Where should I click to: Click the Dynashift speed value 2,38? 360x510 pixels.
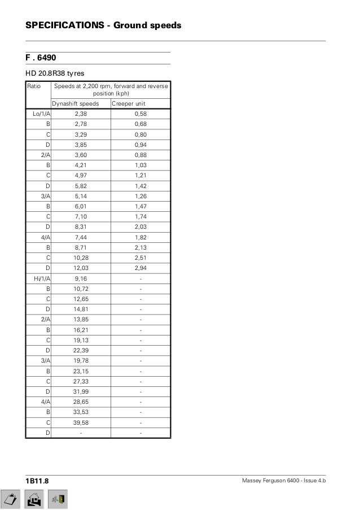81,114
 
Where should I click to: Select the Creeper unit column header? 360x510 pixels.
129,103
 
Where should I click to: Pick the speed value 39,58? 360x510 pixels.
81,422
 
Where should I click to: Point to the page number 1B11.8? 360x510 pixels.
37,480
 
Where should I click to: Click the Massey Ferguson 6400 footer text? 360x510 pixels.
283,480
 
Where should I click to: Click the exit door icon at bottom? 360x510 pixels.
59,499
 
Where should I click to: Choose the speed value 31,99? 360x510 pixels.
81,391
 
